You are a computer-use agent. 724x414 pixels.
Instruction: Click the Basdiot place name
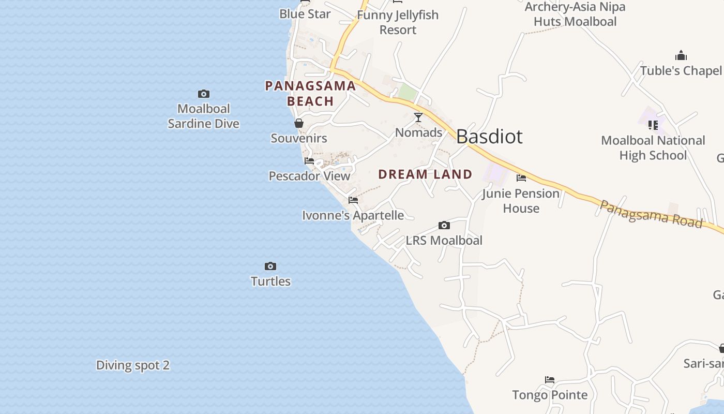489,137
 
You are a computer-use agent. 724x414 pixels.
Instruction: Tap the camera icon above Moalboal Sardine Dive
204,94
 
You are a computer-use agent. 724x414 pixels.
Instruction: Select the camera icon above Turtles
270,266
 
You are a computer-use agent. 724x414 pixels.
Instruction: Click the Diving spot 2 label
133,365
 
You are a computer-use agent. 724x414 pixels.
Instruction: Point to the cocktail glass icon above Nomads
418,117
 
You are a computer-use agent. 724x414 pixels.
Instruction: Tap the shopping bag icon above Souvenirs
299,123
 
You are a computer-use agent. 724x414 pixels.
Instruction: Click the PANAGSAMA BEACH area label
310,94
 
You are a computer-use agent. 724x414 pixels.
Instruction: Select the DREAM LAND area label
425,174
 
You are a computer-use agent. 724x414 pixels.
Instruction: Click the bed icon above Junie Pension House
521,178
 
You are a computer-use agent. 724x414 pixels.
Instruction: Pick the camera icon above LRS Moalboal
444,225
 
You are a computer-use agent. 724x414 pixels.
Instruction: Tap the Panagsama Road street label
651,214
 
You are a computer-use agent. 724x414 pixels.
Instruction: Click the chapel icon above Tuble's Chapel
681,56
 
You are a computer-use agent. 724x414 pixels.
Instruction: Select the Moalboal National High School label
653,148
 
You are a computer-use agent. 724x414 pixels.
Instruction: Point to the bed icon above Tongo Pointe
550,380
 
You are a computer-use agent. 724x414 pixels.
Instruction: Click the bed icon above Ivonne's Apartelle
353,200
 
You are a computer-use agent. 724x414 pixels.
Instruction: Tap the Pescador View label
309,176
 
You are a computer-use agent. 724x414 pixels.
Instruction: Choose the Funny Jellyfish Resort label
398,22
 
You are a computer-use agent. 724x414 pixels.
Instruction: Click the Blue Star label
305,14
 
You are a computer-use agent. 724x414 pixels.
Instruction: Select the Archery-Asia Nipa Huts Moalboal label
575,14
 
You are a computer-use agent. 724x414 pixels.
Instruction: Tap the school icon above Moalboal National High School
653,125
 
